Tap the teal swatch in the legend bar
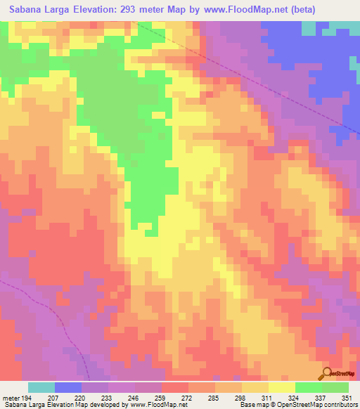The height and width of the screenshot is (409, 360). tap(41, 387)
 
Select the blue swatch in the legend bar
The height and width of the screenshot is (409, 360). tap(68, 387)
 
